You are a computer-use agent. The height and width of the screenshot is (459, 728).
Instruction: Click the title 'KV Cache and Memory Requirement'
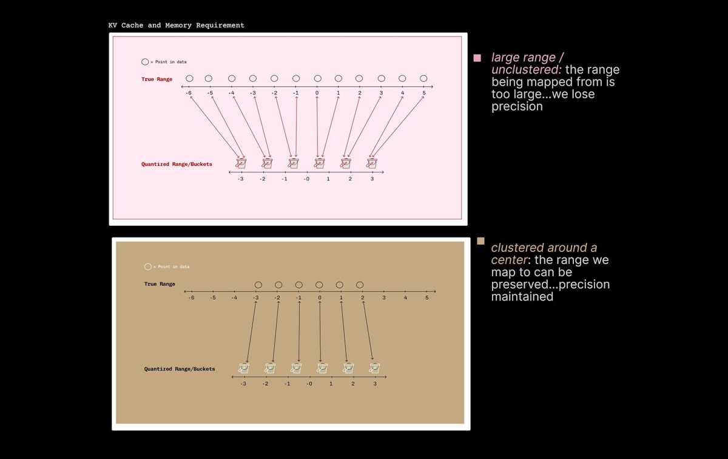click(x=176, y=25)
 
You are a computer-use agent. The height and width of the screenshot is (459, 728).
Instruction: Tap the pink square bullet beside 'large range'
click(x=477, y=58)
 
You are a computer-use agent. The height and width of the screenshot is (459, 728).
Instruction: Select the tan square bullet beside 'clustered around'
click(x=480, y=241)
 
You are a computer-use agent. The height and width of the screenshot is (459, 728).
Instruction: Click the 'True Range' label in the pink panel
click(x=157, y=79)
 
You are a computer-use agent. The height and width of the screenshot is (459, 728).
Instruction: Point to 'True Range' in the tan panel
click(x=160, y=284)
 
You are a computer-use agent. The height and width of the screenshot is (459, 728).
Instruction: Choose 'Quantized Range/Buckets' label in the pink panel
click(x=177, y=164)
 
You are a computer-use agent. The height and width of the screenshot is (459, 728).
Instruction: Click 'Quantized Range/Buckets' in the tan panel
click(x=179, y=369)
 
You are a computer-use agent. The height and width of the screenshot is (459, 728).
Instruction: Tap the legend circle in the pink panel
click(x=144, y=62)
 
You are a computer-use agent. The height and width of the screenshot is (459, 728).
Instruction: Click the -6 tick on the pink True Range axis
click(x=189, y=93)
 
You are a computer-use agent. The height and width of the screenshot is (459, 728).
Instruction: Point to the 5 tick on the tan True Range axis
click(x=426, y=297)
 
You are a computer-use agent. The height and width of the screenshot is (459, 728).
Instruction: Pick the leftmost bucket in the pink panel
click(x=241, y=163)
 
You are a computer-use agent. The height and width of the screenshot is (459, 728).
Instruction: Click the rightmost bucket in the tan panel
click(x=375, y=368)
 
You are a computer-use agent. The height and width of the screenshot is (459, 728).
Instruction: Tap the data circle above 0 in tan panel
click(x=319, y=284)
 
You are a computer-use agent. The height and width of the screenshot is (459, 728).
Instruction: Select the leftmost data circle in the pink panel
click(x=189, y=78)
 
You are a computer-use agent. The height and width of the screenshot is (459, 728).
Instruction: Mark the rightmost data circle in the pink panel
click(x=423, y=78)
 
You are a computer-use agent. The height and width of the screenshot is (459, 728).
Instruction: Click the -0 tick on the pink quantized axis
click(x=306, y=179)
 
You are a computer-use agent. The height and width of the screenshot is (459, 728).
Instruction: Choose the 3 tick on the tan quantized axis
click(x=375, y=384)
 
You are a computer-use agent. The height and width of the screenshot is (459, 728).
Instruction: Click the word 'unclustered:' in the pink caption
click(x=526, y=70)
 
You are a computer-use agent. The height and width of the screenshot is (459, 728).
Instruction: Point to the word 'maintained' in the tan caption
click(x=522, y=297)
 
